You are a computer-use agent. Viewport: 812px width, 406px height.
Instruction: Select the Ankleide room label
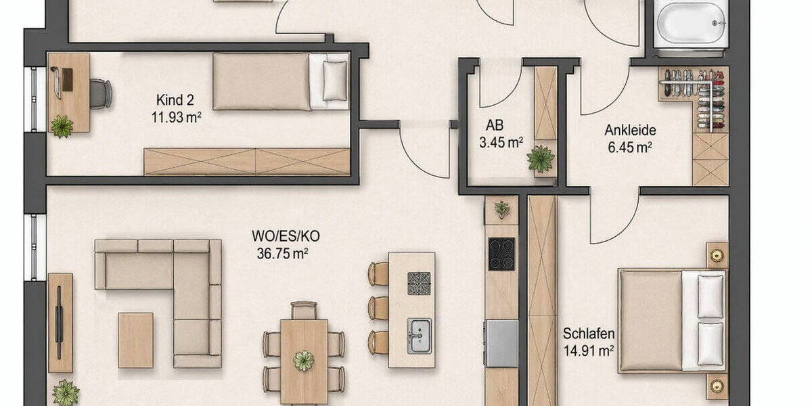tap(630, 131)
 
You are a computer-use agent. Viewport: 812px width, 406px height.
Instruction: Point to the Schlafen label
tap(589, 334)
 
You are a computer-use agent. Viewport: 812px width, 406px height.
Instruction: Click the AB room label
tap(495, 127)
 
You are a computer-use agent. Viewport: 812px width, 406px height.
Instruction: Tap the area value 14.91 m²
tap(589, 350)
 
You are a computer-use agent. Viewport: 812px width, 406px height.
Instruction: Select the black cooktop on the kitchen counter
tap(501, 254)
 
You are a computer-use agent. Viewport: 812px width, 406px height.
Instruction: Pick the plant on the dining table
tap(304, 359)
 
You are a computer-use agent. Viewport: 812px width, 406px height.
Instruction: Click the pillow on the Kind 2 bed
tap(334, 80)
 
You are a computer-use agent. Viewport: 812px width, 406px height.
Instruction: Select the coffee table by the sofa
tap(135, 340)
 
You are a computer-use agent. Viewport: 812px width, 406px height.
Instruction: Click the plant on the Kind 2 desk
tap(62, 126)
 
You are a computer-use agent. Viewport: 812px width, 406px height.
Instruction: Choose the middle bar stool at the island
tap(378, 308)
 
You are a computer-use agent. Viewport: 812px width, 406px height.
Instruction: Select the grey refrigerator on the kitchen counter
tap(501, 342)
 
